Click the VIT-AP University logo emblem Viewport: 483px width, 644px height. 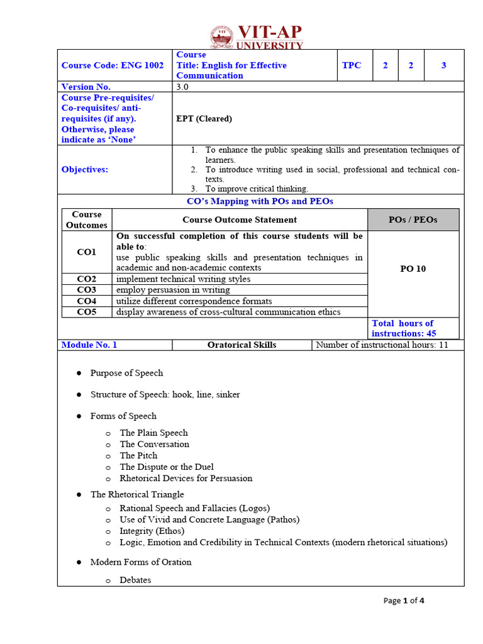pos(221,37)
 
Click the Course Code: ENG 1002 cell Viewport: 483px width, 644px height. pos(112,65)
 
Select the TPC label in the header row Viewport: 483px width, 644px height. pos(352,65)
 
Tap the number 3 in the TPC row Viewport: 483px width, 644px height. pos(443,65)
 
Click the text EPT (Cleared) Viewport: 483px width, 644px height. pos(204,118)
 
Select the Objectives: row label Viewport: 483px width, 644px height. pos(85,169)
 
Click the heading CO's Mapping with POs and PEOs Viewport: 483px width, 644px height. pos(260,201)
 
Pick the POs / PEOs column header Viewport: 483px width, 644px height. pos(413,219)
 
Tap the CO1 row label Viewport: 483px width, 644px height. pos(87,252)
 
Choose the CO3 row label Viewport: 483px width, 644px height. pos(87,290)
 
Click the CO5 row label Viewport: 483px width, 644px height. pos(87,312)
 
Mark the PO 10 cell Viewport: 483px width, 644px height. pos(413,269)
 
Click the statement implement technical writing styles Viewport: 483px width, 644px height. pos(183,279)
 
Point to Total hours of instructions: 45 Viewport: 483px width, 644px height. pos(404,328)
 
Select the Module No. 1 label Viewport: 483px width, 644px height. pos(89,345)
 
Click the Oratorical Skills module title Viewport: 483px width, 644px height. pos(242,345)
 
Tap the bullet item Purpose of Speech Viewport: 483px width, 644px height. pos(126,373)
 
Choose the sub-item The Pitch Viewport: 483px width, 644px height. pos(138,455)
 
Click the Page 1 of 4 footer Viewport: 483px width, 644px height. pos(404,601)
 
